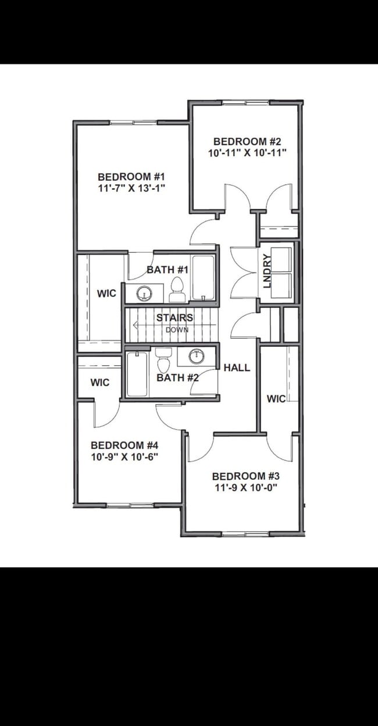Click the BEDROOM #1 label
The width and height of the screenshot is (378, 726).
coord(131,177)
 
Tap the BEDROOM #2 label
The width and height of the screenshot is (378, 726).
coord(247,142)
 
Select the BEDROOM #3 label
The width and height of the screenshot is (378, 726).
coord(245,476)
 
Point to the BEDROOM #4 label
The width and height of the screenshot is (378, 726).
coord(124,445)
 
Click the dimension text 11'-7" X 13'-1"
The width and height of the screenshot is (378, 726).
coord(132,188)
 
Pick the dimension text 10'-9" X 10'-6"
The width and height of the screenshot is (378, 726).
coord(124,457)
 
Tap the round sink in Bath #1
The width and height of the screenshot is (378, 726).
coord(144,293)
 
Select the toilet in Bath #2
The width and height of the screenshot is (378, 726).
coord(163,360)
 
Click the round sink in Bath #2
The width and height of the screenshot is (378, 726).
coord(197,357)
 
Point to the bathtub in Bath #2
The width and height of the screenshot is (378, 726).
coord(137,374)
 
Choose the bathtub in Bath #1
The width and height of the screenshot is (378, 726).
coord(203,278)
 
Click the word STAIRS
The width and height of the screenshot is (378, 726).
coord(174,318)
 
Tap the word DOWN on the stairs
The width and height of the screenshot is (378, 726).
coord(177,330)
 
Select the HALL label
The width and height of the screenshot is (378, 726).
coord(237,368)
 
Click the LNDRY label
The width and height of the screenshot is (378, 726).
coord(267,271)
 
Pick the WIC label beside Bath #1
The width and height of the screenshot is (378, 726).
coord(106,294)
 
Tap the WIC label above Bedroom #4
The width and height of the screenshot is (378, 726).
coord(100,382)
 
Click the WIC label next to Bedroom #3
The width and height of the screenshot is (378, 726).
coord(276,398)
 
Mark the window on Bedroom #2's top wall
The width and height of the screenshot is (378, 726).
coord(246,103)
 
